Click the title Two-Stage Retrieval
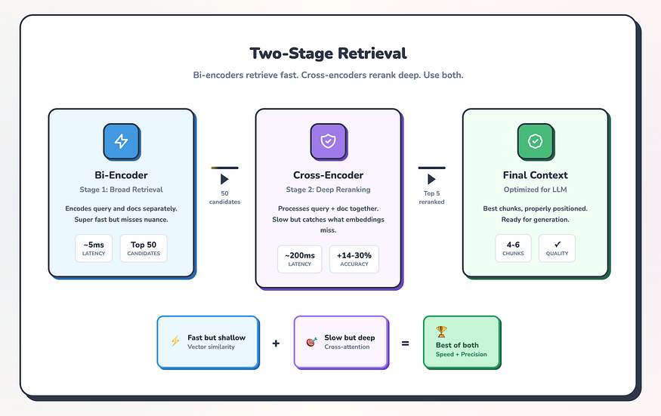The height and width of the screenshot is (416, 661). point(328,54)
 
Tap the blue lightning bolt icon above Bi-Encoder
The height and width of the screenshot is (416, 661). point(121,141)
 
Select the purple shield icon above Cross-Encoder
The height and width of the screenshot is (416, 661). point(329,141)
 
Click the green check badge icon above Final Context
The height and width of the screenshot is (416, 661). point(536,141)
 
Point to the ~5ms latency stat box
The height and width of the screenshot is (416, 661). point(94,248)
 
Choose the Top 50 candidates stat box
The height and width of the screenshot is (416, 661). point(144,248)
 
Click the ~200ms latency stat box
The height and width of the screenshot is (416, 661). point(299,259)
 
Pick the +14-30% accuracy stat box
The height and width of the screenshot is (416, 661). point(354,259)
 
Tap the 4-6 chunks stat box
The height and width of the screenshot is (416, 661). point(514,248)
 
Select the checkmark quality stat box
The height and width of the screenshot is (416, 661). point(557,248)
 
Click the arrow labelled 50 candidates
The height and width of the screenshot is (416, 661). point(224,180)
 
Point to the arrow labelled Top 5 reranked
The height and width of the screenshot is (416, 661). point(431,180)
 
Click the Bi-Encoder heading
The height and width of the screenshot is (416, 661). point(121,175)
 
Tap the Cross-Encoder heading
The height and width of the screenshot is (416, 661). point(329,175)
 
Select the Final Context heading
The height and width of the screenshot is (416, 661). point(536,175)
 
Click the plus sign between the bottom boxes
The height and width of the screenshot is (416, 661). point(276,343)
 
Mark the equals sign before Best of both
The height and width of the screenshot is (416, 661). point(405,343)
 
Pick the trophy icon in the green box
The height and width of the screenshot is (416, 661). point(441,331)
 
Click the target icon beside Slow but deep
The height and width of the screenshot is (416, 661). point(310,342)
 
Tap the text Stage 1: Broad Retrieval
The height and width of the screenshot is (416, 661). point(121,190)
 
